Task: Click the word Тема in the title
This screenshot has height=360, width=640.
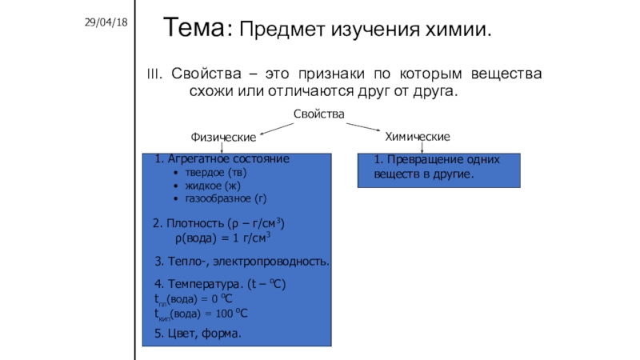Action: pos(195,30)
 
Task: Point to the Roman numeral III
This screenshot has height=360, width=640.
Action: pos(154,74)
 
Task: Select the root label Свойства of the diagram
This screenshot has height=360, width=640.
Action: pos(318,115)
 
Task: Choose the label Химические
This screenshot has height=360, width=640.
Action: pos(418,137)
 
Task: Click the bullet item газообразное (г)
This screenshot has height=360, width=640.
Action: pos(226,198)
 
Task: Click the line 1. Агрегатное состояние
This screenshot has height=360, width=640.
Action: pos(222,159)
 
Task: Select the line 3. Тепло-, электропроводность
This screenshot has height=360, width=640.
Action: pos(242,262)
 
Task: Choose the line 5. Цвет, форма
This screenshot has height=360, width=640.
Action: pos(198,332)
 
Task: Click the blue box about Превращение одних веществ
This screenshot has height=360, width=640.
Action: pos(438,170)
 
